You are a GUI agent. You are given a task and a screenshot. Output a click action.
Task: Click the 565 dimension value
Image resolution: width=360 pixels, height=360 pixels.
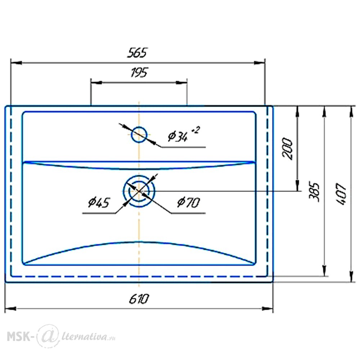pos(137,53)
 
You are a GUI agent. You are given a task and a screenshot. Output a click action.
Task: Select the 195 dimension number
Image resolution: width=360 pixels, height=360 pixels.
pos(139,73)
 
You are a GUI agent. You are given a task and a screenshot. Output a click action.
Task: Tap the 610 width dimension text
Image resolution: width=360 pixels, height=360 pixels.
pos(139,299)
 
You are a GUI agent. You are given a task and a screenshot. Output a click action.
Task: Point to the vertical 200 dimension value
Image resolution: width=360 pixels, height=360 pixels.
pos(287,149)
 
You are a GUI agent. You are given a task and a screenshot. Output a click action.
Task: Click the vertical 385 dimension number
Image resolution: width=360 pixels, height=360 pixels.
pos(314,192)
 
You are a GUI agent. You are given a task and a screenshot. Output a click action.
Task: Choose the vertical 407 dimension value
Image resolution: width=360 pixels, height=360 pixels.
pos(341,194)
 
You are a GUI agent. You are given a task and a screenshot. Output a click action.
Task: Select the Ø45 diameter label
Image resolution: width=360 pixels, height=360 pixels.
pos(99,202)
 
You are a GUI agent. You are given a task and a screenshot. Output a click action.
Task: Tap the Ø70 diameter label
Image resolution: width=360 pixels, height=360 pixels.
pos(189,202)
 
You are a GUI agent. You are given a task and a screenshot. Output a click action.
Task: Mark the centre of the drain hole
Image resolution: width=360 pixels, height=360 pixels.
pos(139,191)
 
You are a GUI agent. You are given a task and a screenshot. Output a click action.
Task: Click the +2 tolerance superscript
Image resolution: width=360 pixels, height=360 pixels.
pos(195,130)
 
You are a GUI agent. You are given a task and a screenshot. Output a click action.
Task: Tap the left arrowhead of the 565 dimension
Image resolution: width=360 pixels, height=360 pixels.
pos(16,63)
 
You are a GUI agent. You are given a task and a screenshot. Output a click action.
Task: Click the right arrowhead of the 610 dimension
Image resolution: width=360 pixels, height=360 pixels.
pos(267,309)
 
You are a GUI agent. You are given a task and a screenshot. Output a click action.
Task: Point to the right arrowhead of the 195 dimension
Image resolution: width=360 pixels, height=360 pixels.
pos(181,82)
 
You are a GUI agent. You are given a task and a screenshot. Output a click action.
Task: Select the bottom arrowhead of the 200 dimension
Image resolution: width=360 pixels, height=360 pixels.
pos(297,185)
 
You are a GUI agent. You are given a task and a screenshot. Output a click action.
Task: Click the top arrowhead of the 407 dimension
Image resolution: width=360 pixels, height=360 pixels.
pos(351,112)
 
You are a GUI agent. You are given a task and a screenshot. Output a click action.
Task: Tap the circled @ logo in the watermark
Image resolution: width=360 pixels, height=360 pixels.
pos(48,336)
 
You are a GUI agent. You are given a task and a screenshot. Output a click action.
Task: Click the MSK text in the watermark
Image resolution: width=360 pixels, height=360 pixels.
pos(18,337)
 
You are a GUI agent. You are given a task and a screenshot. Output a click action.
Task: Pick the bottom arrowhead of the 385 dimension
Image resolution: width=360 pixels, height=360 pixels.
pos(324,271)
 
